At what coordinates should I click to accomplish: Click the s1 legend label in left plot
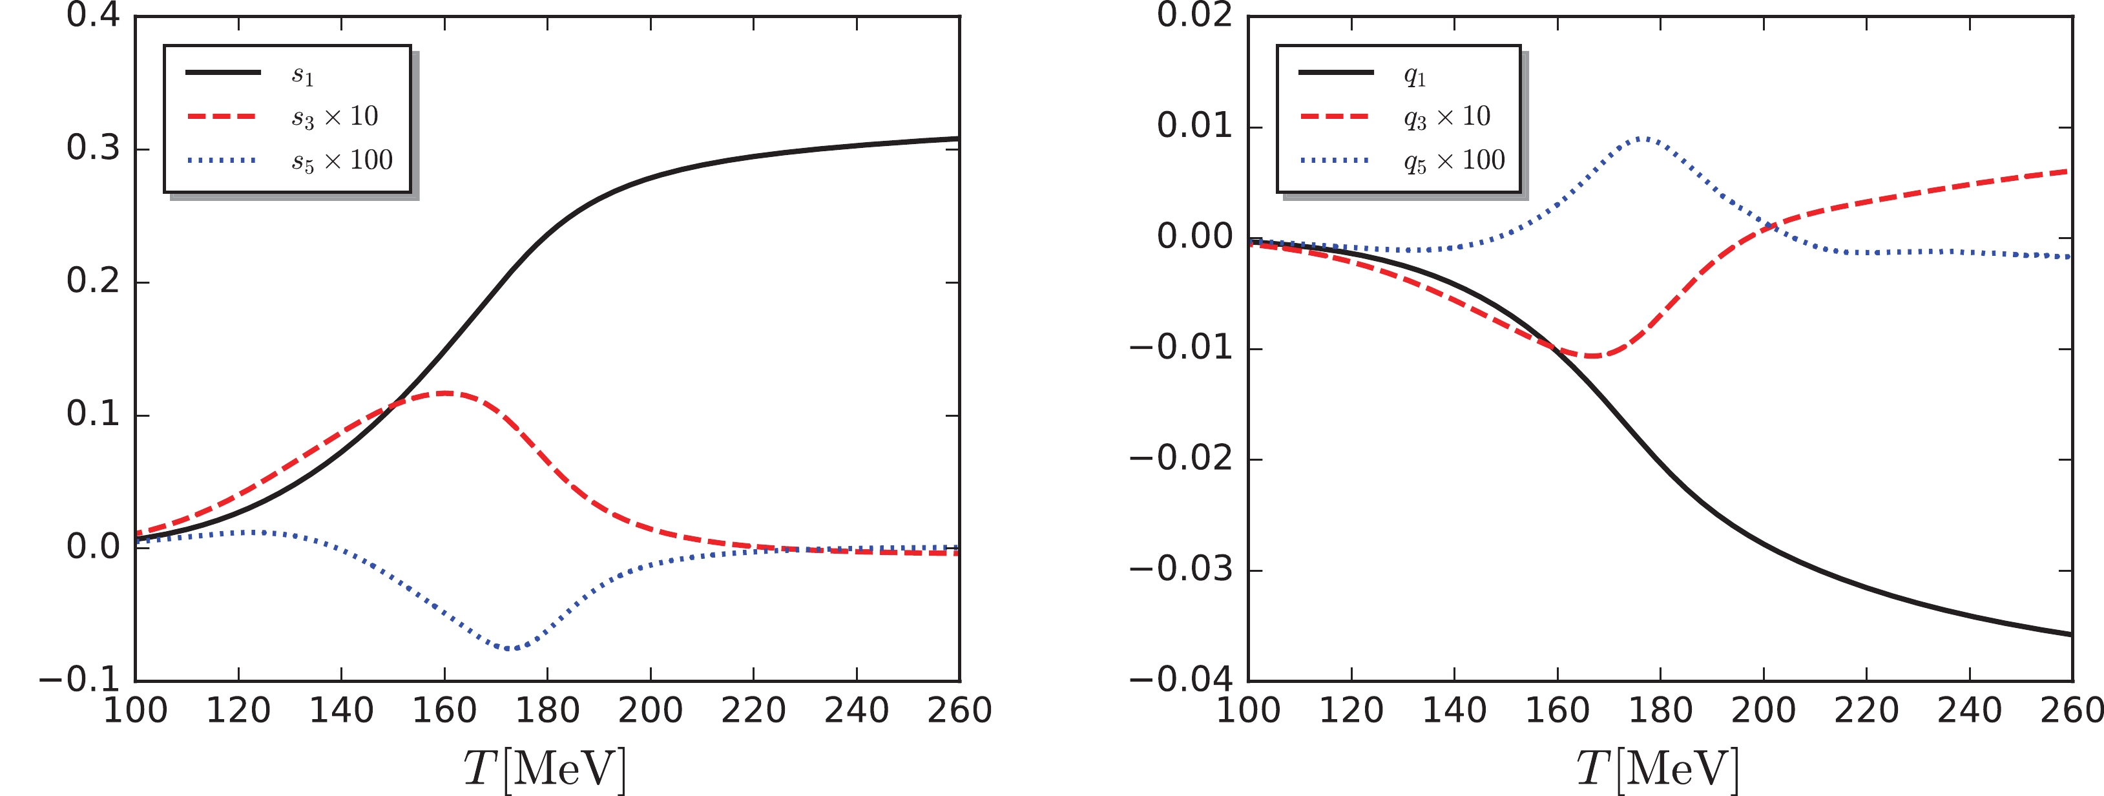click(x=303, y=75)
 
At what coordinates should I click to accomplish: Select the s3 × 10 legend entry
click(x=335, y=118)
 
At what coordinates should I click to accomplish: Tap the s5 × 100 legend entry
click(x=342, y=161)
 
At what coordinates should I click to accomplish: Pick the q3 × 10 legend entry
click(x=1446, y=118)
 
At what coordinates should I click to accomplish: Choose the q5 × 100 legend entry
click(x=1454, y=161)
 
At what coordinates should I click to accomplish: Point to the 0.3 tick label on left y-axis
click(x=92, y=148)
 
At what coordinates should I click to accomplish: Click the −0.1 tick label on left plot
click(x=78, y=679)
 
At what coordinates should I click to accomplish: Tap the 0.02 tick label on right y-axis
click(x=1194, y=16)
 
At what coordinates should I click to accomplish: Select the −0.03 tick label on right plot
click(x=1180, y=569)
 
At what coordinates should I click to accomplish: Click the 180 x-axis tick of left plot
click(x=547, y=710)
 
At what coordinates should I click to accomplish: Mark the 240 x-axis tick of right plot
click(x=1969, y=710)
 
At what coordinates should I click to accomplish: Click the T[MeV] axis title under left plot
click(x=545, y=768)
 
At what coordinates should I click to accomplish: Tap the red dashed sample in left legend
click(x=222, y=117)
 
